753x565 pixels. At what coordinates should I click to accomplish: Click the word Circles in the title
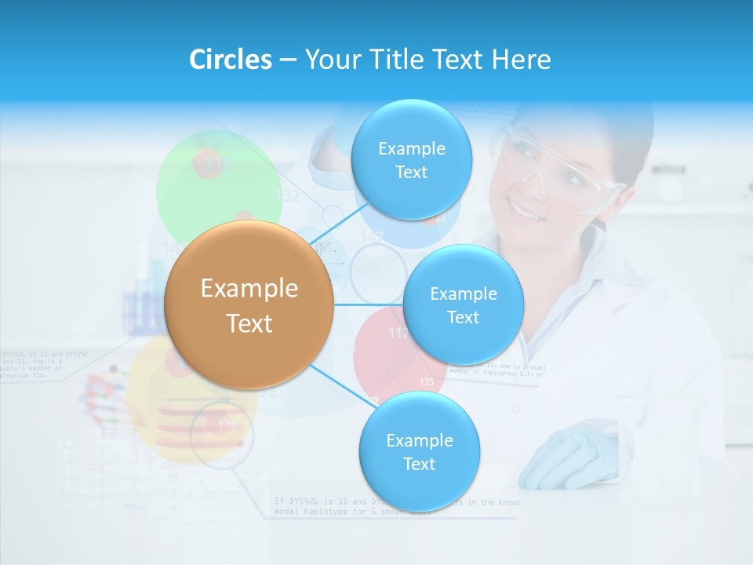[230, 60]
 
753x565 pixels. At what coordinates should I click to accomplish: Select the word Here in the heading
[521, 60]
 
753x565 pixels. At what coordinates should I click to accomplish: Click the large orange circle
[249, 304]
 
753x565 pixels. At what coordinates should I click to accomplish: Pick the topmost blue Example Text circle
[411, 159]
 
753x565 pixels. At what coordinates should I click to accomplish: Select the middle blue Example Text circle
[463, 304]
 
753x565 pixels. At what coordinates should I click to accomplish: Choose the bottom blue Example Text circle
[419, 451]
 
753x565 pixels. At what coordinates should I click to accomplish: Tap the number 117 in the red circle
[398, 334]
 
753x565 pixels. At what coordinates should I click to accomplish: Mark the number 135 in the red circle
[427, 381]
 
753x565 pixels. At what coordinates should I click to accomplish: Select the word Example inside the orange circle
[249, 289]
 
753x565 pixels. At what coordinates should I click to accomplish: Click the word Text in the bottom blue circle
[419, 464]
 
